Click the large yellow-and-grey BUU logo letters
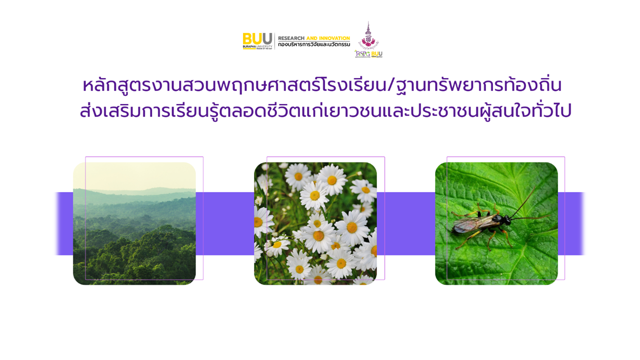pyautogui.click(x=257, y=38)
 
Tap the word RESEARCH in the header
pyautogui.click(x=291, y=38)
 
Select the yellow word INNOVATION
pyautogui.click(x=334, y=38)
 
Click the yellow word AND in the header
pyautogui.click(x=311, y=38)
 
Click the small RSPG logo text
pyautogui.click(x=362, y=53)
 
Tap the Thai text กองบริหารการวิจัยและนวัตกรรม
pyautogui.click(x=314, y=45)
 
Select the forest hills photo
pyautogui.click(x=134, y=230)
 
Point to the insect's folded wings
pyautogui.click(x=467, y=226)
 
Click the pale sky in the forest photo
pyautogui.click(x=134, y=175)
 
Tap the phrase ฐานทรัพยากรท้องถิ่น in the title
pyautogui.click(x=477, y=85)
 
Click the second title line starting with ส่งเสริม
pyautogui.click(x=325, y=111)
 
